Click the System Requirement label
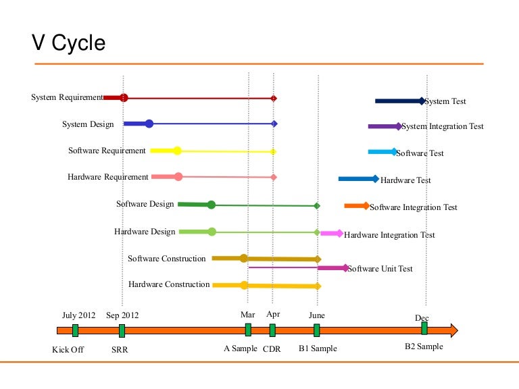[67, 97]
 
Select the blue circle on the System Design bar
[149, 124]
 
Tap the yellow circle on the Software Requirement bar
[177, 151]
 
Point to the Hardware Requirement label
[108, 177]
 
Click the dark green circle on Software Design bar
[211, 205]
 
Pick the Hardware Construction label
[169, 284]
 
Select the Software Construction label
[166, 259]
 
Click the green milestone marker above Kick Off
[75, 330]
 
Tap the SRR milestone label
[120, 349]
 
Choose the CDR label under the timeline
[272, 349]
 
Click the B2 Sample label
[424, 346]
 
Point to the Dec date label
[422, 318]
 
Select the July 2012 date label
[79, 315]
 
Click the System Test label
[446, 101]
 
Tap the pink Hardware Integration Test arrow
[331, 233]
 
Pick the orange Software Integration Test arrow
[356, 205]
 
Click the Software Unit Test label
[380, 269]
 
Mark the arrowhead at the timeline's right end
[453, 330]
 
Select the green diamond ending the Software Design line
[317, 205]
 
